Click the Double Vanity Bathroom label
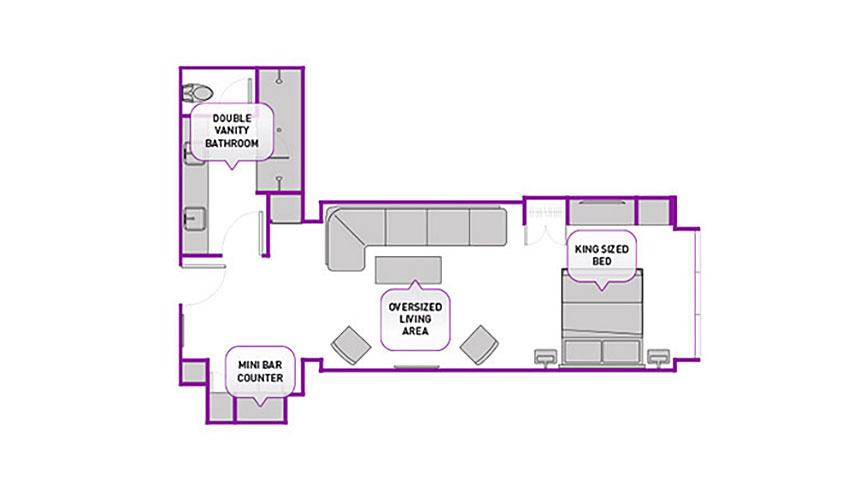pyautogui.click(x=232, y=131)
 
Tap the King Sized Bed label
pyautogui.click(x=602, y=256)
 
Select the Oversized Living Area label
pyautogui.click(x=415, y=318)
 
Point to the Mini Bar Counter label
pyautogui.click(x=260, y=372)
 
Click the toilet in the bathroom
pyautogui.click(x=197, y=92)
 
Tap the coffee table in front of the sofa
pyautogui.click(x=408, y=270)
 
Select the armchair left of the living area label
pyautogui.click(x=351, y=345)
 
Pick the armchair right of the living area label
pyautogui.click(x=479, y=345)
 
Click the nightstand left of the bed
pyautogui.click(x=547, y=358)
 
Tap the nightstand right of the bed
pyautogui.click(x=658, y=358)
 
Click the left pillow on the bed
pyautogui.click(x=582, y=352)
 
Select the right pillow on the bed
pyautogui.click(x=621, y=352)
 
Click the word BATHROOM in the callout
pyautogui.click(x=232, y=143)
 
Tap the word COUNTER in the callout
pyautogui.click(x=260, y=378)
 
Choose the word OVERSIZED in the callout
pyautogui.click(x=415, y=307)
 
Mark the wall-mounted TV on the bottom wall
pyautogui.click(x=417, y=366)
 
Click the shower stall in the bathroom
pyautogui.click(x=279, y=130)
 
